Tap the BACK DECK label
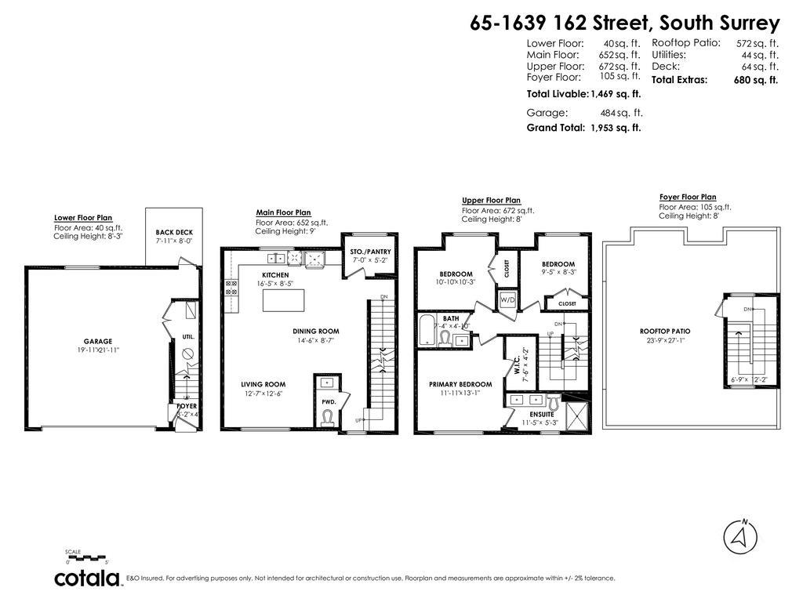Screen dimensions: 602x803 [173, 233]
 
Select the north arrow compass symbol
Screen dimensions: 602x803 [739, 536]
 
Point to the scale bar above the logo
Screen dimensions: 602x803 [87, 558]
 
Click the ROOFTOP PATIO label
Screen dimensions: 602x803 [664, 331]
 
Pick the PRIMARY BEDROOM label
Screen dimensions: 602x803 [460, 384]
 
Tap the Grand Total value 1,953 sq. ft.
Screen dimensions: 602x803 [616, 127]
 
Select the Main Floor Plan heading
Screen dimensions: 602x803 [283, 212]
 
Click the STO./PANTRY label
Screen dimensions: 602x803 [371, 252]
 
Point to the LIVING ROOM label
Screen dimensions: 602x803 [263, 384]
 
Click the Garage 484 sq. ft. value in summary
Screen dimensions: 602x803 [621, 113]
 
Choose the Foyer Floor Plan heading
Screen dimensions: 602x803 [687, 198]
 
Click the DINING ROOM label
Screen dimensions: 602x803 [316, 331]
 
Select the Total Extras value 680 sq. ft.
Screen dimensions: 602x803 [757, 80]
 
